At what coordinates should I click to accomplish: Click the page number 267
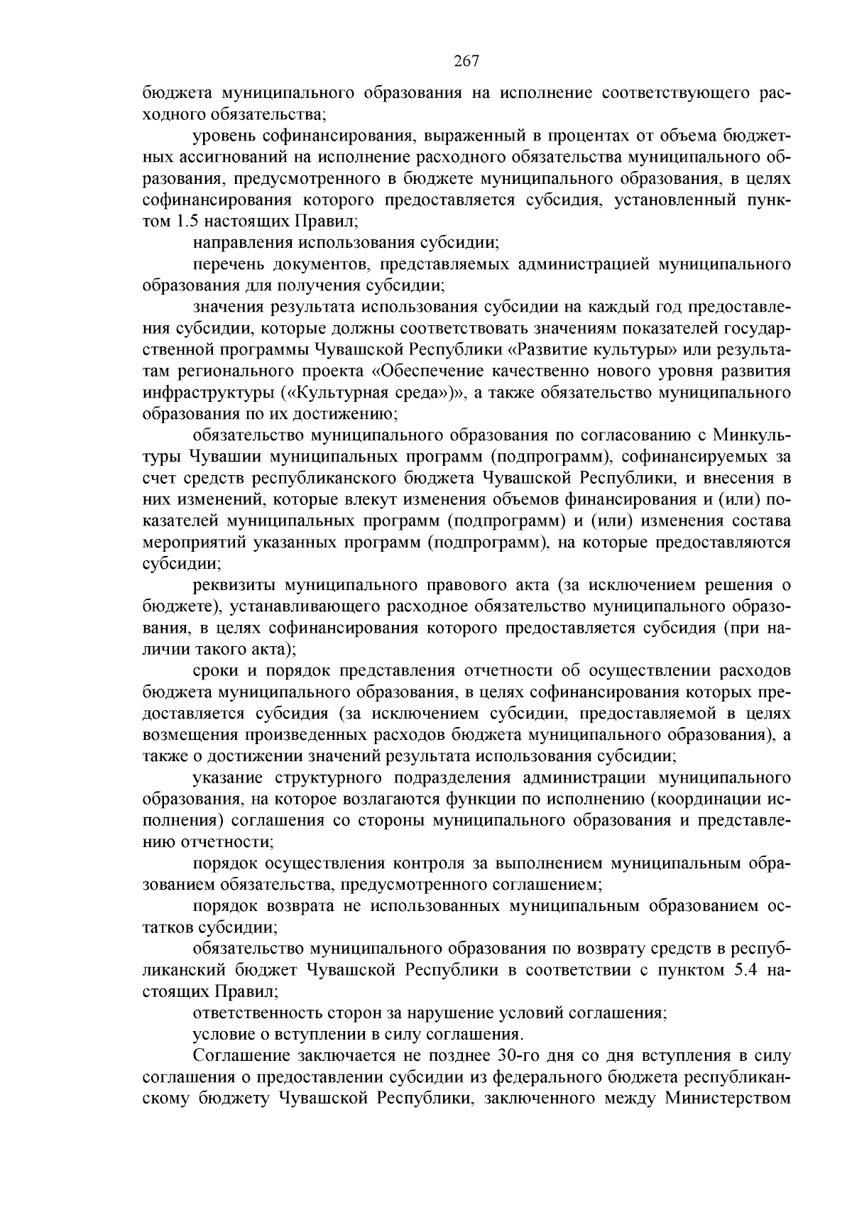point(466,61)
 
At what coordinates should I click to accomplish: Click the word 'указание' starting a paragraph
point(223,778)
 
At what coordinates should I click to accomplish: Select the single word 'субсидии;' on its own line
point(182,564)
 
